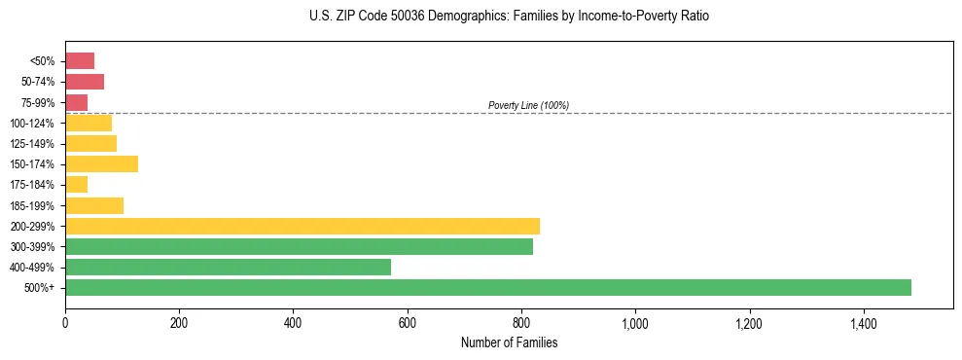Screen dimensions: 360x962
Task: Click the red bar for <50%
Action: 80,61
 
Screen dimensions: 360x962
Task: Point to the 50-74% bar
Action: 85,82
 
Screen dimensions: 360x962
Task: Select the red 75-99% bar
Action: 77,102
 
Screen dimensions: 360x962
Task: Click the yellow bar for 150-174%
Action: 101,163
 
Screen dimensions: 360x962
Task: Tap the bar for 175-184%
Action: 77,184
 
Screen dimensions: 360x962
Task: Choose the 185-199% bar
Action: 94,205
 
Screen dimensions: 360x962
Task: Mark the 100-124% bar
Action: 89,123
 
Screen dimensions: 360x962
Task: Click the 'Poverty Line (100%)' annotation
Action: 528,105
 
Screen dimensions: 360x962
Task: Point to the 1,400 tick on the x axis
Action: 864,322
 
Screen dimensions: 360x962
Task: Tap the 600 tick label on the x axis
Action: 408,322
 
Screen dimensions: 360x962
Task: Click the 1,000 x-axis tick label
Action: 635,322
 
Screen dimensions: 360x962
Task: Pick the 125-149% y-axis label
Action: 33,144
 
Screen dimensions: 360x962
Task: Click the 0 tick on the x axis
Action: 65,322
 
